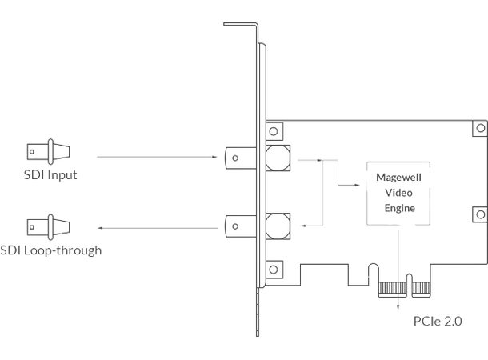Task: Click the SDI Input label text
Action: pyautogui.click(x=51, y=174)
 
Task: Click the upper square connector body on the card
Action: pyautogui.click(x=277, y=158)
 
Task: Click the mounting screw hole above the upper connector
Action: pyautogui.click(x=274, y=130)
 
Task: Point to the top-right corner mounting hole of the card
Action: pyautogui.click(x=481, y=128)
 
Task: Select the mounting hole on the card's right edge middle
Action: pyautogui.click(x=479, y=214)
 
